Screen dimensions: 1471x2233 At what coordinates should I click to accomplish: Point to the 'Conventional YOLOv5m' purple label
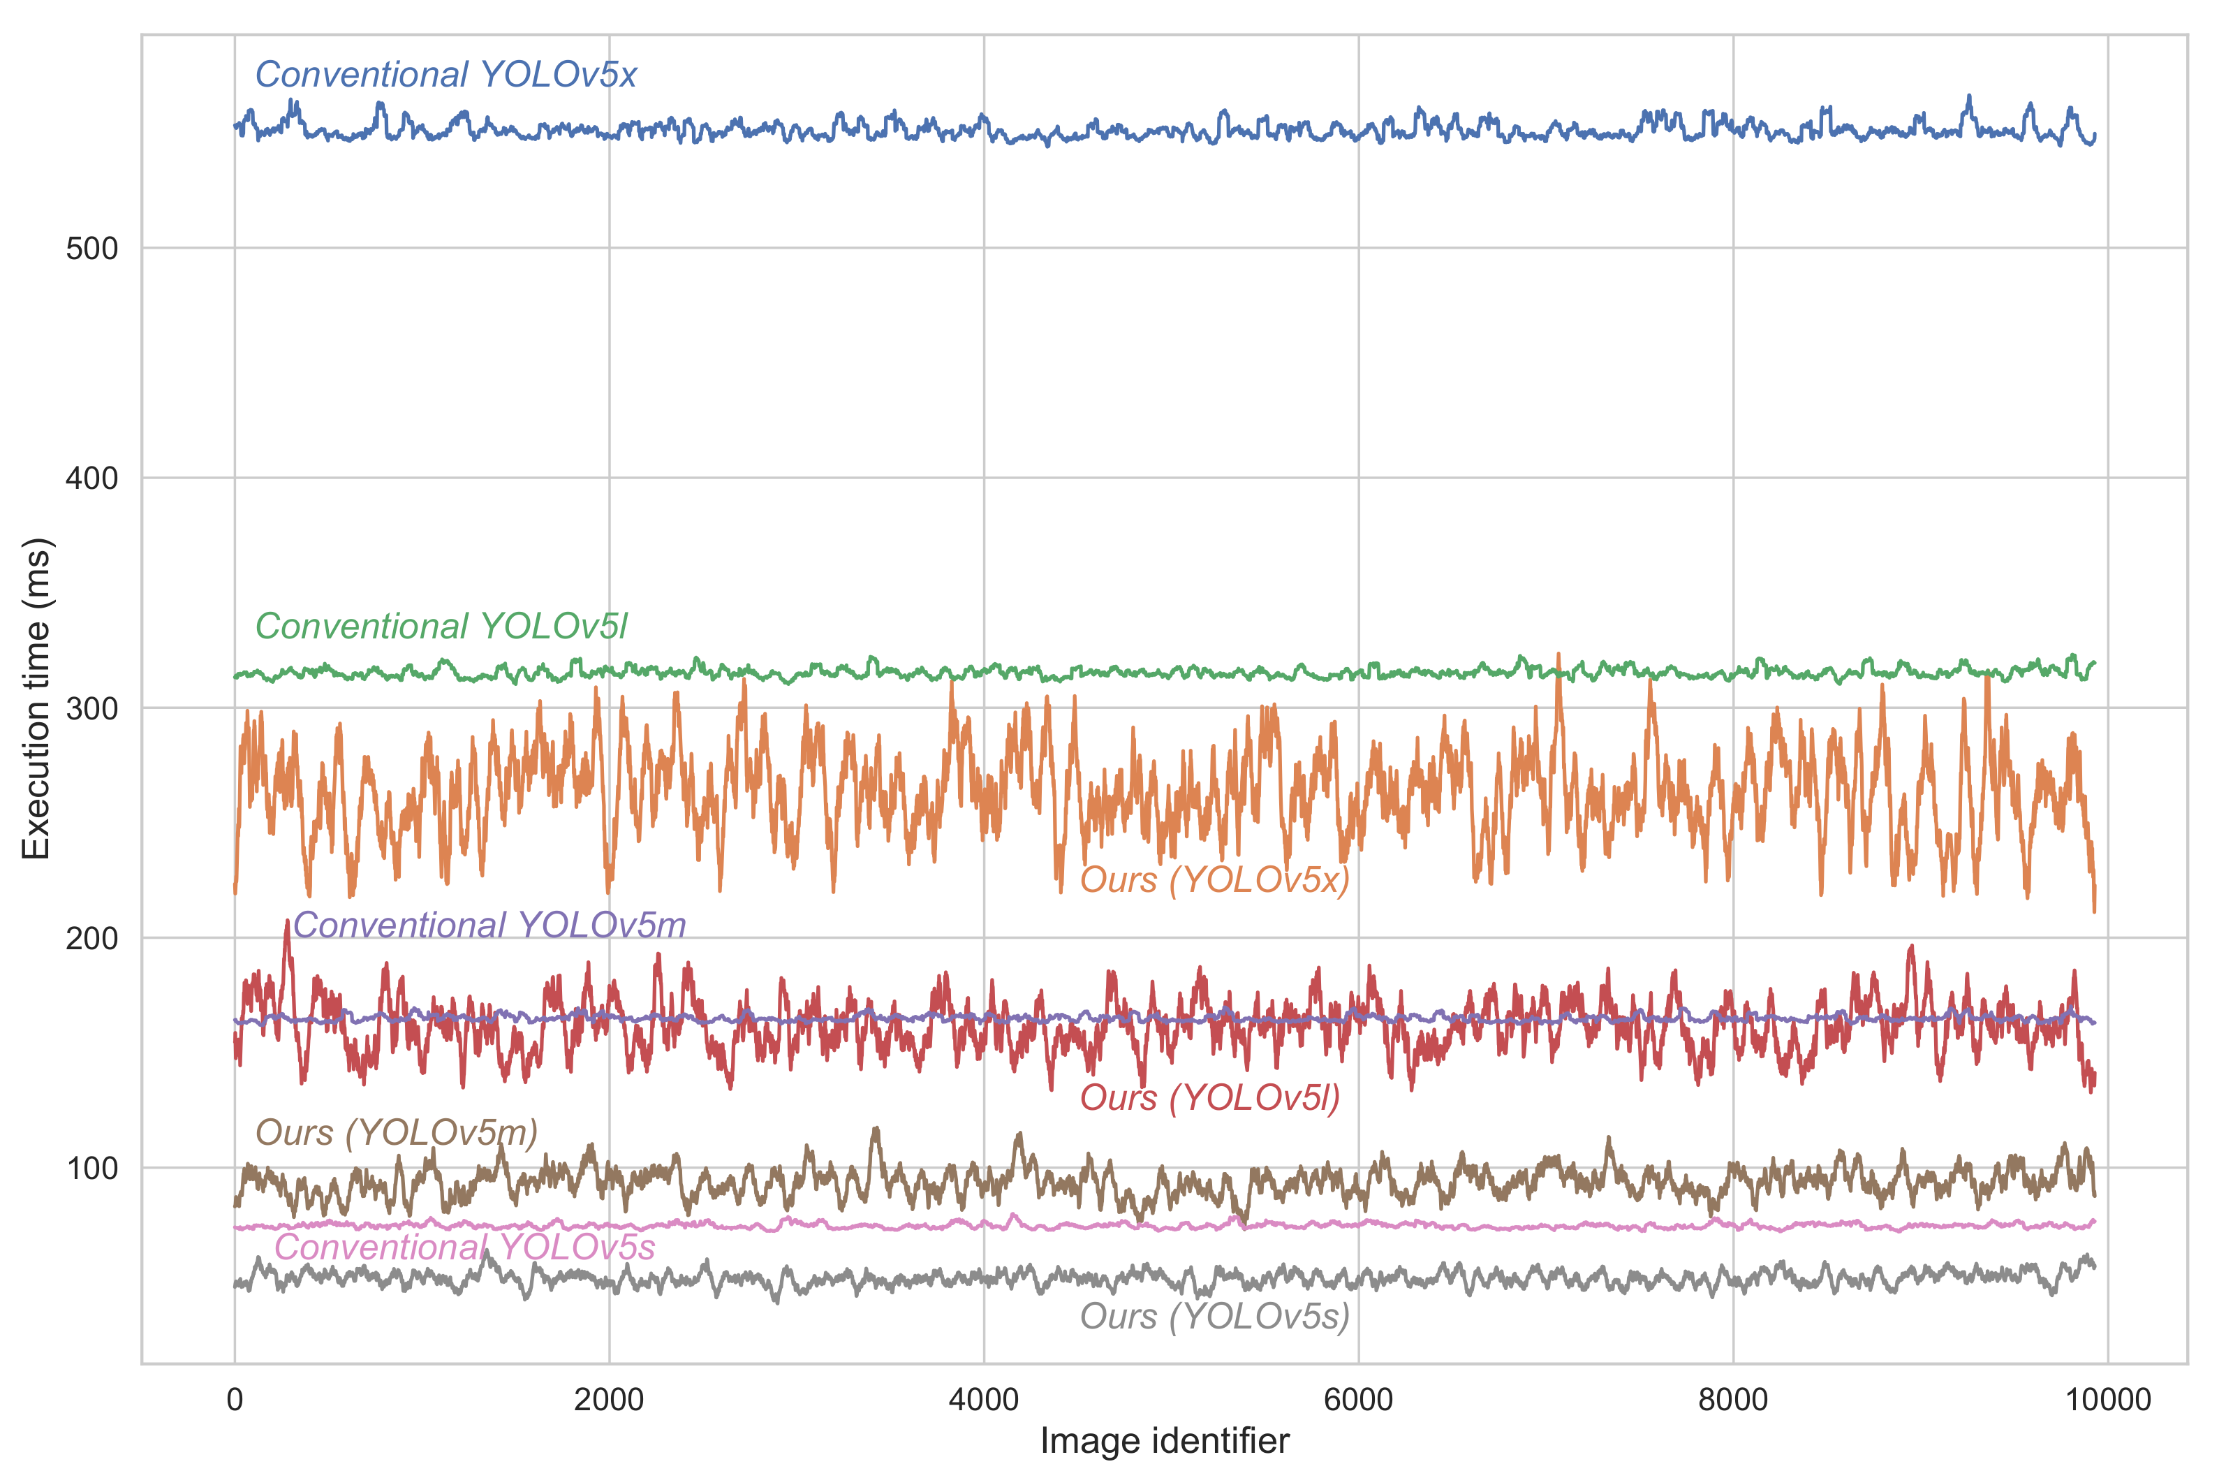pyautogui.click(x=489, y=925)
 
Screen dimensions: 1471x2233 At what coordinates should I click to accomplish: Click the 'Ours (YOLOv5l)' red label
pyautogui.click(x=1209, y=1097)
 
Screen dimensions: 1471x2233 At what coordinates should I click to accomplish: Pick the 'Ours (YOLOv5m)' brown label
pyautogui.click(x=396, y=1133)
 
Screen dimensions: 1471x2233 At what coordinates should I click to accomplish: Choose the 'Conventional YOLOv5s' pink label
pyautogui.click(x=464, y=1247)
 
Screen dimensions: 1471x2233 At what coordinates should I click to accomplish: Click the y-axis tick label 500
pyautogui.click(x=92, y=249)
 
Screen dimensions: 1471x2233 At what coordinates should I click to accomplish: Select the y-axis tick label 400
pyautogui.click(x=92, y=478)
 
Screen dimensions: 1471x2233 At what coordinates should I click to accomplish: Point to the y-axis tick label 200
pyautogui.click(x=92, y=939)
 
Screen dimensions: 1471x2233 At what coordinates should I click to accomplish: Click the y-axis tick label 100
pyautogui.click(x=92, y=1169)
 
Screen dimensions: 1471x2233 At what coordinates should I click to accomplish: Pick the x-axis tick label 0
pyautogui.click(x=235, y=1400)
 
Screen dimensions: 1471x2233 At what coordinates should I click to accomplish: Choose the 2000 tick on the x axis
pyautogui.click(x=609, y=1400)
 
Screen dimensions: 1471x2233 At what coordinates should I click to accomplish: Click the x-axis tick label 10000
pyautogui.click(x=2107, y=1400)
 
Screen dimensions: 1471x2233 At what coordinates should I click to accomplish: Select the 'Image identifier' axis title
pyautogui.click(x=1165, y=1441)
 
